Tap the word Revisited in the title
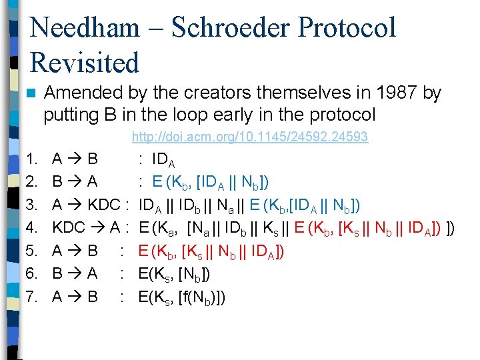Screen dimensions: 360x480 point(85,63)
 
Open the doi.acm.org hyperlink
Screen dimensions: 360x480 point(249,137)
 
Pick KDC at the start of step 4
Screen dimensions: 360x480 point(68,228)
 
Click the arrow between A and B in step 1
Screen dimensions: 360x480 point(75,159)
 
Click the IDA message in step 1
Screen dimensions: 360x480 point(163,160)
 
